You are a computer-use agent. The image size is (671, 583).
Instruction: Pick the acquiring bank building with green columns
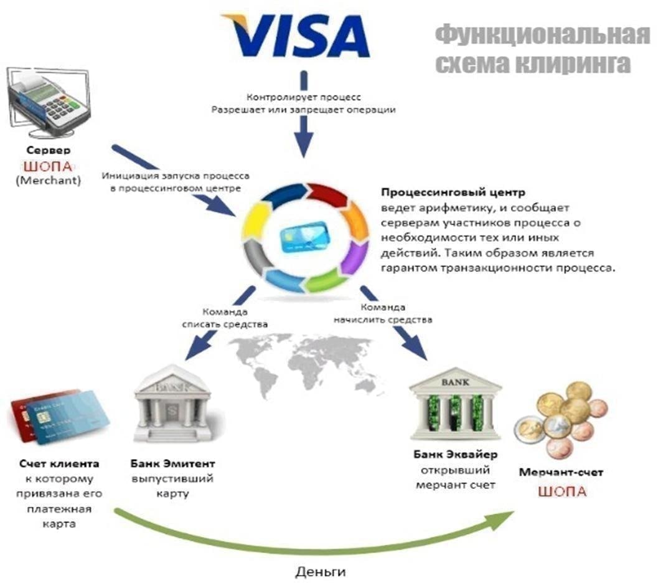click(x=455, y=406)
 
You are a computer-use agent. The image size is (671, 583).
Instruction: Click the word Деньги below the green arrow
click(x=320, y=571)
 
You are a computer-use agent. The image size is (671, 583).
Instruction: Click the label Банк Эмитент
click(x=172, y=464)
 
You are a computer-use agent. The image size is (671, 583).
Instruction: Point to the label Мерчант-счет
click(x=561, y=473)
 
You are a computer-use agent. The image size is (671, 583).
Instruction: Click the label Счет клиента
click(x=59, y=464)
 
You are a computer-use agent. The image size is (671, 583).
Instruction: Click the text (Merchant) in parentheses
click(x=49, y=181)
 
